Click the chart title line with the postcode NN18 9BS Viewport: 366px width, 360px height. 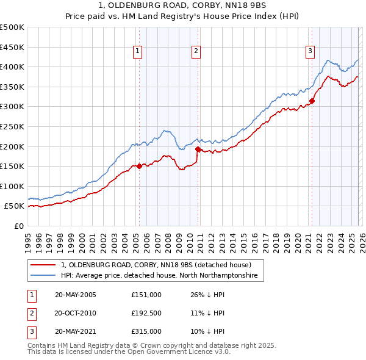[182, 6]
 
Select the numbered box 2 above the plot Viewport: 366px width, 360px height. [196, 51]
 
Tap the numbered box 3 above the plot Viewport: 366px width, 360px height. [310, 51]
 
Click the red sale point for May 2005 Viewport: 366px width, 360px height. [139, 165]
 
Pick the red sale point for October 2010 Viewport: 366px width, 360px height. [198, 149]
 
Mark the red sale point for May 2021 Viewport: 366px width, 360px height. [312, 101]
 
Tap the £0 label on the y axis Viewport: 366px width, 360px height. [18, 226]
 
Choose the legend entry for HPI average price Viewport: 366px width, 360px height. [159, 276]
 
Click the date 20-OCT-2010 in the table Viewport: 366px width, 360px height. [75, 312]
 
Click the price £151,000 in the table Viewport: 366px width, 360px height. [146, 294]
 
